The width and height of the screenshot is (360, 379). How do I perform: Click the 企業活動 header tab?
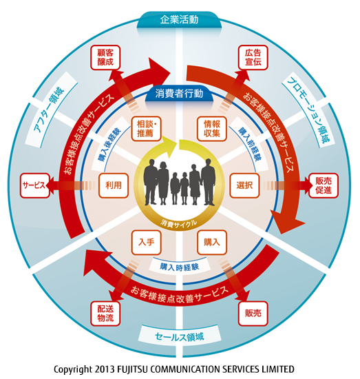click(179, 20)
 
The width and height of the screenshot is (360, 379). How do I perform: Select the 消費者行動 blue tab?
click(179, 94)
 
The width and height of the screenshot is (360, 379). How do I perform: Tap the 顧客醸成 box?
click(105, 57)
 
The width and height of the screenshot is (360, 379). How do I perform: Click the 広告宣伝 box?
click(253, 57)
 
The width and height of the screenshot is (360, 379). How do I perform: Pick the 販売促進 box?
click(324, 185)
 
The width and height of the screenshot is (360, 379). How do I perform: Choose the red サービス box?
click(34, 185)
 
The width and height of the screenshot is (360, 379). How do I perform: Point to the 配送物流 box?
click(105, 314)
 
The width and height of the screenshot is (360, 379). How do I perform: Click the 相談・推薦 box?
click(147, 129)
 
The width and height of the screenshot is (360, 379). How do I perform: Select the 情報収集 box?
click(212, 129)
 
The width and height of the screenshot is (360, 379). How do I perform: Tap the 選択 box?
click(244, 185)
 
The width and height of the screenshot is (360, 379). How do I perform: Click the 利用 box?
click(114, 185)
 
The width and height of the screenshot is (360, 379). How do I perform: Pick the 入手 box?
click(147, 242)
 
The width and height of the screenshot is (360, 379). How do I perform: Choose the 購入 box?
click(212, 242)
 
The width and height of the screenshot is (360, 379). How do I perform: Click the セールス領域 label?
click(180, 336)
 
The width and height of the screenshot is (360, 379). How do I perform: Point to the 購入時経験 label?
click(179, 267)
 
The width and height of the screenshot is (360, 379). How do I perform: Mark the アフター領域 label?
click(49, 110)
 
